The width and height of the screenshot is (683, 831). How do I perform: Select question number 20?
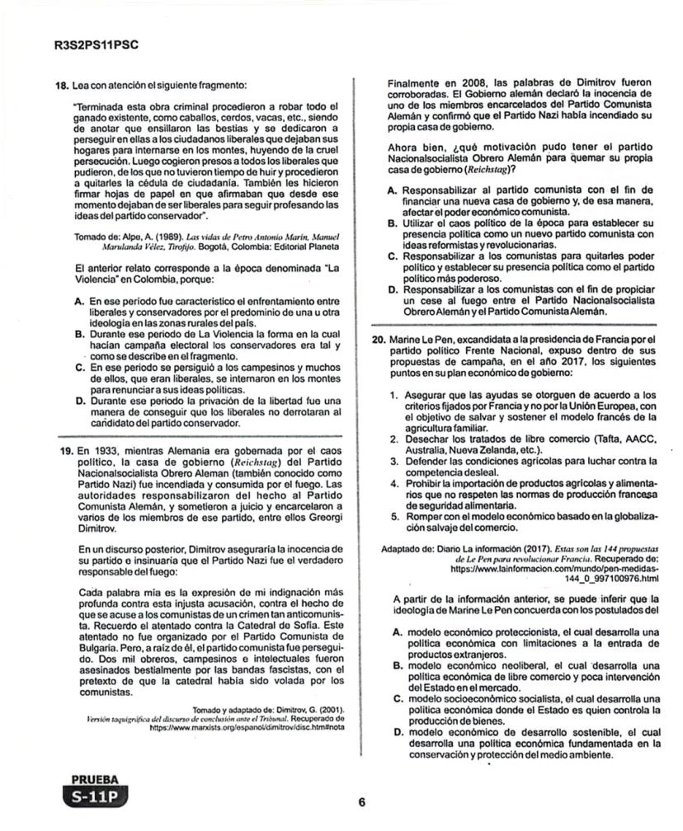tap(379, 339)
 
